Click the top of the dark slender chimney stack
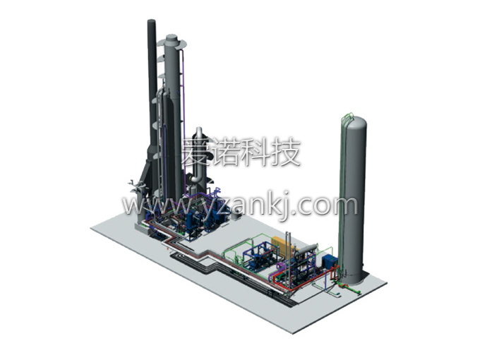[x=152, y=21]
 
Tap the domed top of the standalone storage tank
[x=354, y=122]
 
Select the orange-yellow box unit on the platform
[x=283, y=245]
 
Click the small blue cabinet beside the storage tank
[x=330, y=260]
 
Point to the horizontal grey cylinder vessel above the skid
[x=307, y=248]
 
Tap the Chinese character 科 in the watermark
[x=251, y=152]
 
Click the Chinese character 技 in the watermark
[x=284, y=152]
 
